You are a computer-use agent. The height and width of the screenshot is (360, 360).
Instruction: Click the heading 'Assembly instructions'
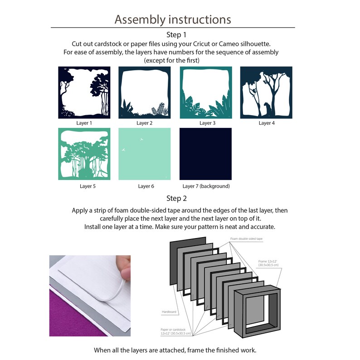173,19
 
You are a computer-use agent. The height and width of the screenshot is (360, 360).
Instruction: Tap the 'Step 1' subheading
176,34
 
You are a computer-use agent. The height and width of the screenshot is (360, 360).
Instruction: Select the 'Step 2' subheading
176,199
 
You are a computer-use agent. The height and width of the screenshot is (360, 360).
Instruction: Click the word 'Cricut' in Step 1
202,44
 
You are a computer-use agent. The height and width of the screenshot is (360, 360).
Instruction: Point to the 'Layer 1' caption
84,123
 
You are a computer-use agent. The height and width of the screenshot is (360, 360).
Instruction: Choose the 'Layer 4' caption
267,123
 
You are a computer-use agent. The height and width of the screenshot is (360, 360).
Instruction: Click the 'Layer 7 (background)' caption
206,186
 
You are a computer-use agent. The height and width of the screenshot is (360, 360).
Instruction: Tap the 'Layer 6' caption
146,186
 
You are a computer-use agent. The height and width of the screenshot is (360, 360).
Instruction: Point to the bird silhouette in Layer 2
131,109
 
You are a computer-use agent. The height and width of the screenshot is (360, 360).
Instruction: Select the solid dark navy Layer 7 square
205,154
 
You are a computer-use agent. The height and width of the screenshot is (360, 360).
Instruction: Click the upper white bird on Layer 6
141,139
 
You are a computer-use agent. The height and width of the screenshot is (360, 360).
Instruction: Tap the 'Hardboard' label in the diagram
169,312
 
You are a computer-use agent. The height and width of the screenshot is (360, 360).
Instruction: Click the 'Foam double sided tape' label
246,239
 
